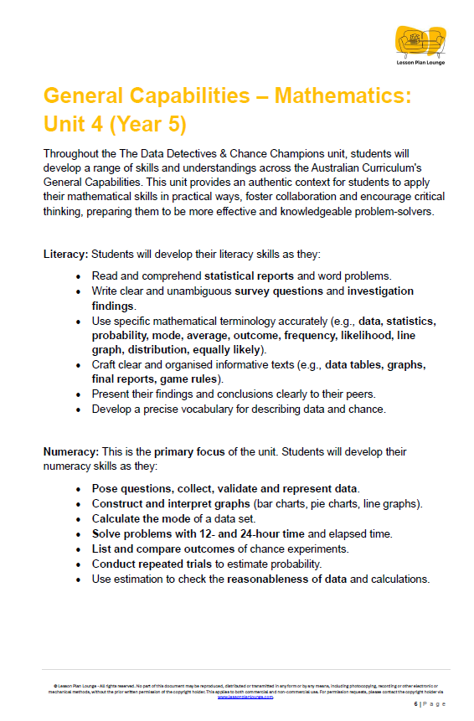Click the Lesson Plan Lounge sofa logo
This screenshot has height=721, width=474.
point(420,39)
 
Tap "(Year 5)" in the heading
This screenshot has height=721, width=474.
point(142,124)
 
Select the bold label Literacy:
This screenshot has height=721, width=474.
point(65,253)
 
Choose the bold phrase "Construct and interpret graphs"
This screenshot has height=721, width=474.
point(172,503)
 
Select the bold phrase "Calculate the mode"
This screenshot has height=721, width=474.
point(141,518)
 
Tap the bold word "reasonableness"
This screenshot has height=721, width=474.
point(273,579)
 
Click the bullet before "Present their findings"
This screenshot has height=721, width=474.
point(79,394)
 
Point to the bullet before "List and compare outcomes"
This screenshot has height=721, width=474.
point(79,548)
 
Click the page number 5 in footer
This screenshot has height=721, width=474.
point(416,705)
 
